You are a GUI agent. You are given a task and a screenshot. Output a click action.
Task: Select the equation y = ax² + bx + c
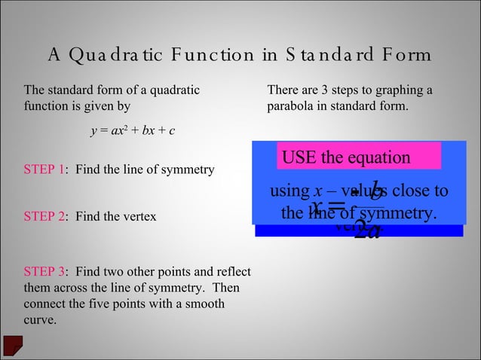click(x=133, y=131)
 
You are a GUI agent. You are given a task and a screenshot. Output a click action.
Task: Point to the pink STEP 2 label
click(x=44, y=217)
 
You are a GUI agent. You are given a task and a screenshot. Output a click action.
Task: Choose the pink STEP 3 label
click(x=44, y=271)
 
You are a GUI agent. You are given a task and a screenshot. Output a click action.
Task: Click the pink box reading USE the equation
click(x=358, y=157)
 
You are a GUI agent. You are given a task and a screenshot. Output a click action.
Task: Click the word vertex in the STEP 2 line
click(x=140, y=217)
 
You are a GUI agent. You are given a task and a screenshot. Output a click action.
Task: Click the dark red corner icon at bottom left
click(x=13, y=345)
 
